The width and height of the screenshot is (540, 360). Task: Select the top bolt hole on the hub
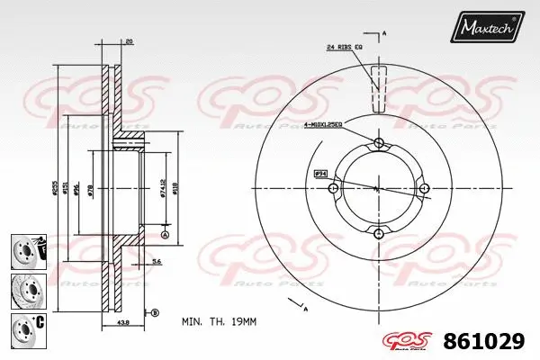pyautogui.click(x=378, y=144)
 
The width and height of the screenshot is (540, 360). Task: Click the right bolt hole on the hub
pyautogui.click(x=424, y=188)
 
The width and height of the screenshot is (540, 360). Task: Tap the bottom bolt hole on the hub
pyautogui.click(x=378, y=234)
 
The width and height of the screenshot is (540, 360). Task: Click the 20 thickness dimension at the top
pyautogui.click(x=130, y=41)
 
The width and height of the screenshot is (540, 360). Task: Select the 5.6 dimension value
pyautogui.click(x=157, y=261)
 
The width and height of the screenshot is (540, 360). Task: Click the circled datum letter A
pyautogui.click(x=165, y=234)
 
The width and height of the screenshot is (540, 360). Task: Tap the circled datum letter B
pyautogui.click(x=154, y=312)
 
